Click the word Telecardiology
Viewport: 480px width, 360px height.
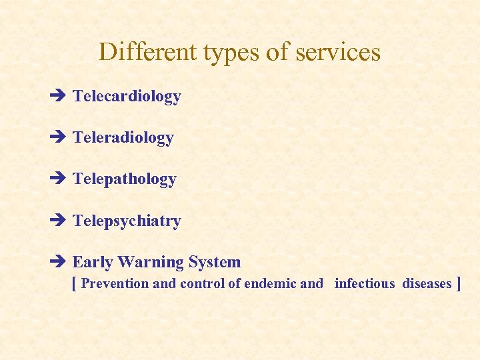tap(127, 97)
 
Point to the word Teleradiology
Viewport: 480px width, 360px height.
tap(123, 138)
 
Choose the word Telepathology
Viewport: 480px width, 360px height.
tap(125, 179)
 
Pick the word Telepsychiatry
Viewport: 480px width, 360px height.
tap(127, 221)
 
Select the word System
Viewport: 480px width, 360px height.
tap(215, 263)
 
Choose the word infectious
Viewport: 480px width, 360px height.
tap(365, 284)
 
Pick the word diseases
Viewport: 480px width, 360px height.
tap(427, 284)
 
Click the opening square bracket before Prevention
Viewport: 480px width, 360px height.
tap(74, 284)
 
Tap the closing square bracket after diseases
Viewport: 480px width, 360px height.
tap(458, 284)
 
